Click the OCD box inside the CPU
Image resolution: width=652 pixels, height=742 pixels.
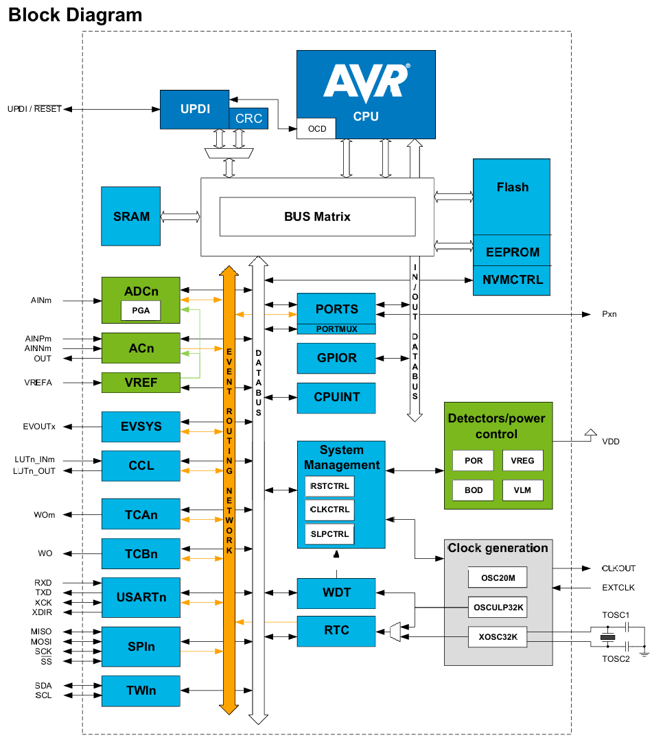point(316,129)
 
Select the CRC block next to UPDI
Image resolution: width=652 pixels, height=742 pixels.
point(248,118)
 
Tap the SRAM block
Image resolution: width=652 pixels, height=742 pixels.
point(130,216)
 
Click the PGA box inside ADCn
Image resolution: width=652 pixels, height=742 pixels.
point(140,311)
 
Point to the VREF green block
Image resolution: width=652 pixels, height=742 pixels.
point(140,383)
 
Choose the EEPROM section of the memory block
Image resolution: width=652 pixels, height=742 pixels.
point(511,252)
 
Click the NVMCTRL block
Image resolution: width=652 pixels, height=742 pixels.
point(511,280)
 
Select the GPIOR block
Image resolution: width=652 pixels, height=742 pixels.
point(336,358)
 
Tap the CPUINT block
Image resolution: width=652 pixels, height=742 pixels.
point(336,398)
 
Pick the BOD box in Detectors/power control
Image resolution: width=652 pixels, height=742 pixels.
point(474,490)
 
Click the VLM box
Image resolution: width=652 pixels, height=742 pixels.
point(522,490)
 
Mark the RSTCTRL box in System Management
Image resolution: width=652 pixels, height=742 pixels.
point(329,486)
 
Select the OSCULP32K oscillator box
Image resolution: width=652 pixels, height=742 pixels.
point(498,607)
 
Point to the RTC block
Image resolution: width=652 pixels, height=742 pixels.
point(336,631)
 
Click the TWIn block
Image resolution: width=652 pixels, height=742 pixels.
point(140,691)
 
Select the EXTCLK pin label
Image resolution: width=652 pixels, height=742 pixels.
point(618,588)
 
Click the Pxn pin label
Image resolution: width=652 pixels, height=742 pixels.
point(609,314)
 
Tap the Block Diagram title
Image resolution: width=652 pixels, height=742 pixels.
point(75,14)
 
